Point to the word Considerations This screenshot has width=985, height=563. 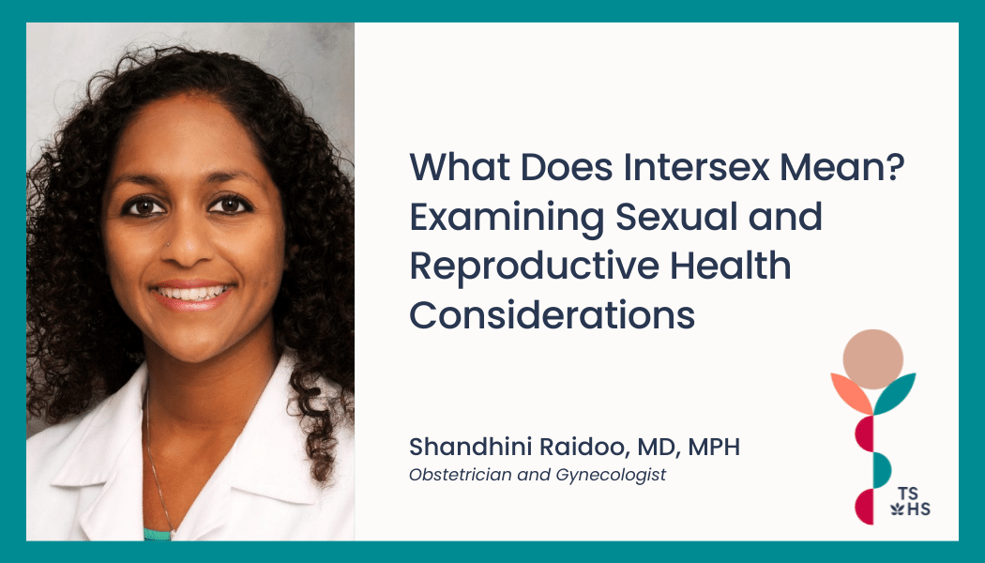pos(553,314)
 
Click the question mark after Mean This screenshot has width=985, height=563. pos(897,166)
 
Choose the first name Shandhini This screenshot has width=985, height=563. pos(470,447)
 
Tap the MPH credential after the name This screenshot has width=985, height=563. pos(714,448)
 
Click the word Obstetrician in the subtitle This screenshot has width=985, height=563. pos(461,475)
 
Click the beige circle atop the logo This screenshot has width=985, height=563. pos(872,358)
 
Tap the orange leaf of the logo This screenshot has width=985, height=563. pos(851,392)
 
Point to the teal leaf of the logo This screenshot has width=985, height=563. pos(895,392)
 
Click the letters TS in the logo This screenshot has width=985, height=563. pos(908,493)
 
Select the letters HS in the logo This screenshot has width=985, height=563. pos(919,509)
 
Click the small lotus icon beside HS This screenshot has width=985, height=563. pos(897,509)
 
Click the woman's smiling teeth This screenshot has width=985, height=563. pos(192,293)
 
